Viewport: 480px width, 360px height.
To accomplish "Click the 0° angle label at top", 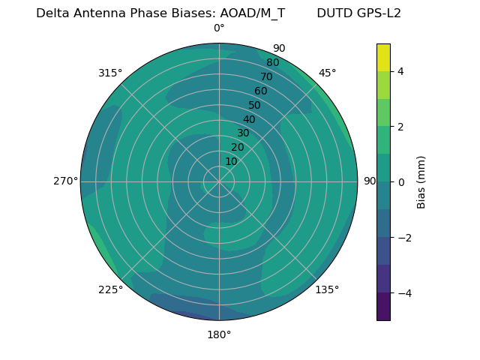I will (x=219, y=28).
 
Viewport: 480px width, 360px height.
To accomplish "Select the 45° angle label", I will (x=328, y=73).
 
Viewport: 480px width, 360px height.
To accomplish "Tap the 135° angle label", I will (x=327, y=289).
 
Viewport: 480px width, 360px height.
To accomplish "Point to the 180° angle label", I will (x=219, y=334).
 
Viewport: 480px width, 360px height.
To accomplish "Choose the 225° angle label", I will (x=110, y=289).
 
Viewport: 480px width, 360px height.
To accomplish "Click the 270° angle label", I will (x=65, y=181).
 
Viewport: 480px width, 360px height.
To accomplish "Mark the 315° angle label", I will (x=110, y=73).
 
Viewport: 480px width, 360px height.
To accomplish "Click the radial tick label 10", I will (x=231, y=161).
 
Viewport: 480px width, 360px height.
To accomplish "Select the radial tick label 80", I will (x=273, y=63).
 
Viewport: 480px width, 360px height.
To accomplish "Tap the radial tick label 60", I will (x=261, y=91).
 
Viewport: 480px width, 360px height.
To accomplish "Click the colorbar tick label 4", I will (x=401, y=71).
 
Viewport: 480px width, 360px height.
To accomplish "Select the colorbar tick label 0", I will (x=401, y=182).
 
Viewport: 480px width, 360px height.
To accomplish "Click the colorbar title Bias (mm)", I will (x=421, y=182).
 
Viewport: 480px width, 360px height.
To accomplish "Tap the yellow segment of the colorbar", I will (x=383, y=58).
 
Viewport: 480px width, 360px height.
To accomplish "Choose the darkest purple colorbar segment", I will (x=383, y=307).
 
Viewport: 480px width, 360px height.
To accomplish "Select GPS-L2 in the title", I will (x=379, y=13).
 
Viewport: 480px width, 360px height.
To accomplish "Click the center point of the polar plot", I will (x=219, y=181).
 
